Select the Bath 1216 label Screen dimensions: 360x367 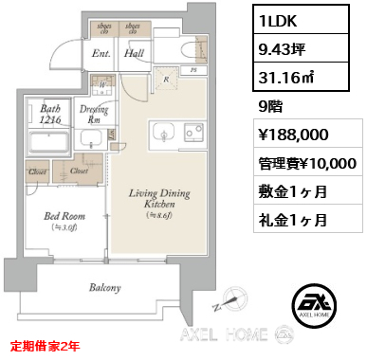click(51, 115)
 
